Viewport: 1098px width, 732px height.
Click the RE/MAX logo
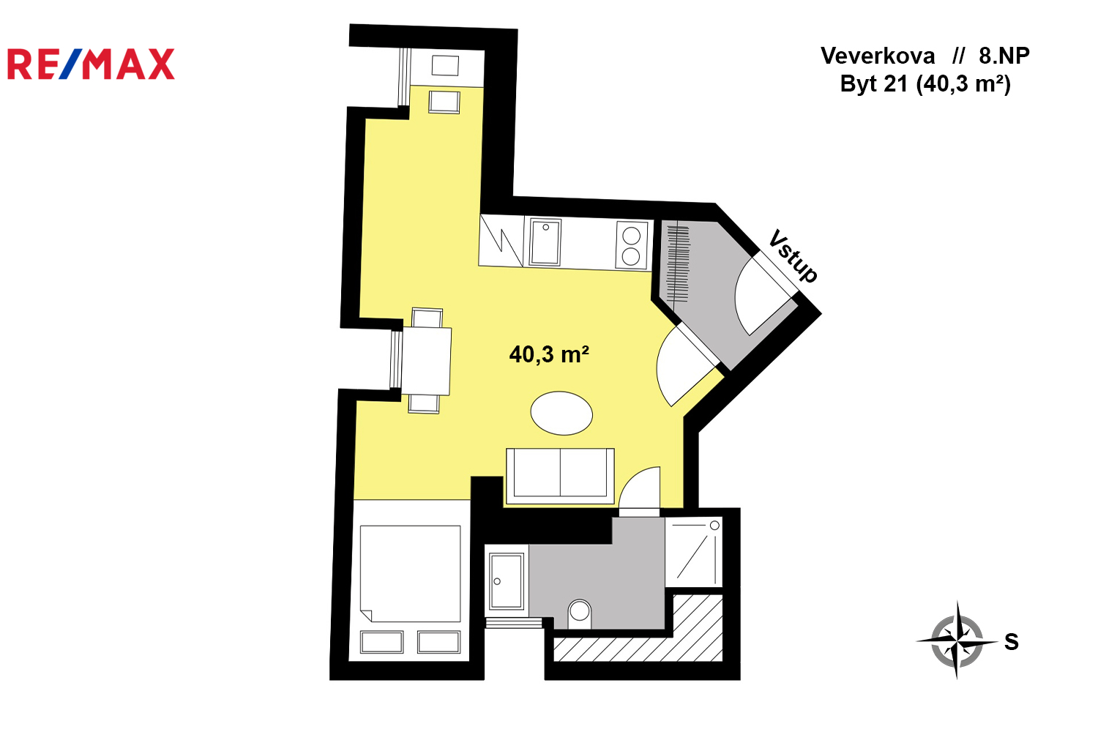(91, 64)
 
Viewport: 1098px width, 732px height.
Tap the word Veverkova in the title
(878, 56)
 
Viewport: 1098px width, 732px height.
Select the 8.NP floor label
(1004, 56)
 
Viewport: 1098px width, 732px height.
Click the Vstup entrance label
(793, 255)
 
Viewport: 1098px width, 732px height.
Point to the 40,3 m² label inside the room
(549, 354)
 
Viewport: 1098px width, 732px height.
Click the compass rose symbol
(957, 640)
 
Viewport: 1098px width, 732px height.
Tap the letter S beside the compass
(1012, 642)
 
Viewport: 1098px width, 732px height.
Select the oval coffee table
(561, 413)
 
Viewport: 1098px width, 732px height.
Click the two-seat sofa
(560, 476)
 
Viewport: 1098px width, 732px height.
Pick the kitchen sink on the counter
(545, 242)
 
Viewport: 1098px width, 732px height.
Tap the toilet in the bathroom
(580, 613)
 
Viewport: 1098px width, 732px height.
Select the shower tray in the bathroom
(694, 552)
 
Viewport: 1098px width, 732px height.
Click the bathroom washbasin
(507, 581)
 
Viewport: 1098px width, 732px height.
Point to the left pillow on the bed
(382, 642)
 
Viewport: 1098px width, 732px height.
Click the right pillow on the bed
(438, 642)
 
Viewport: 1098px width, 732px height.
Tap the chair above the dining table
(427, 318)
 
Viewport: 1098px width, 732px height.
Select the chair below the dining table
(424, 404)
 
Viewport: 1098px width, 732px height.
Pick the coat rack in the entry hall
(678, 264)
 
